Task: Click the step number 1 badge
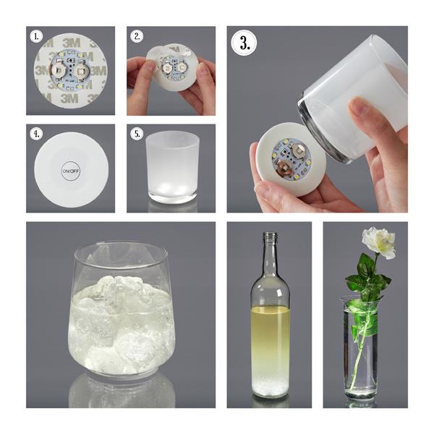point(36,37)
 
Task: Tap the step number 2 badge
point(137,37)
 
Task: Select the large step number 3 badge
point(244,43)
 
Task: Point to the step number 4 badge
point(36,134)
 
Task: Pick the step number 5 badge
point(137,134)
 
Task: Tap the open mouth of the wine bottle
point(271,234)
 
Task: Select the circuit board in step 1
point(70,70)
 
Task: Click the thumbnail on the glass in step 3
point(359,107)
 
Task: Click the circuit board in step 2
point(172,69)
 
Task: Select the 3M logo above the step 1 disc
point(71,43)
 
